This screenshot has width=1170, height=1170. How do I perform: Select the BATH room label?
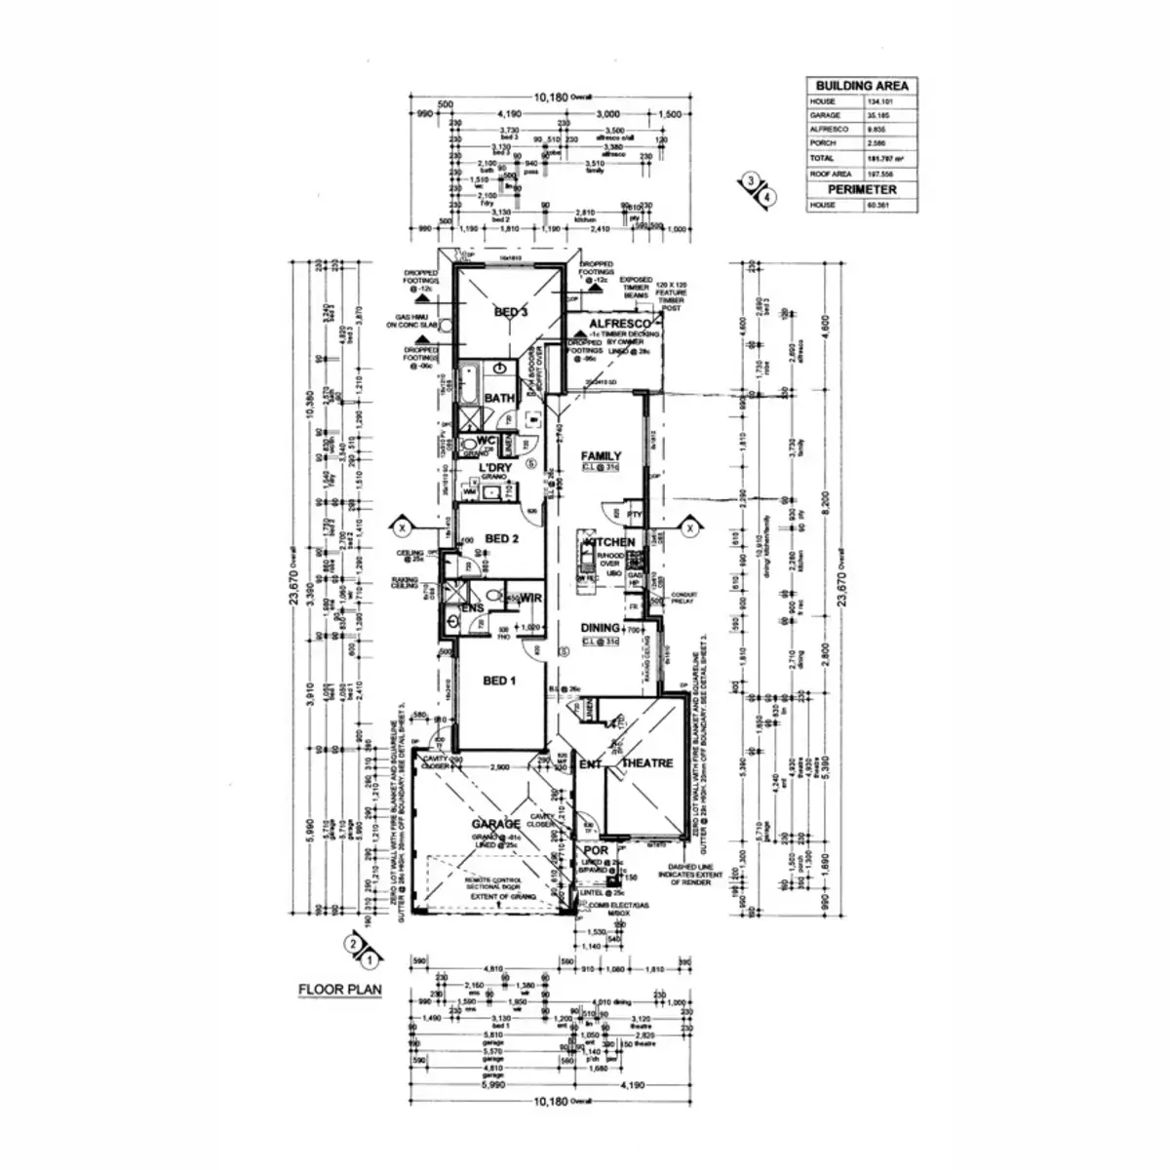[499, 399]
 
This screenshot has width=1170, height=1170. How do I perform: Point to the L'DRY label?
[494, 469]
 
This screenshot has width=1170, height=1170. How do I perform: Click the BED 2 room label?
[501, 538]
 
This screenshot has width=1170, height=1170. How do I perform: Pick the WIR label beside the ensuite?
[531, 597]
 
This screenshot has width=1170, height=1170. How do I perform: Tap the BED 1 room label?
[499, 681]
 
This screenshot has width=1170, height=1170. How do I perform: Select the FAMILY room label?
[602, 456]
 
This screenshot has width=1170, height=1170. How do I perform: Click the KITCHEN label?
[609, 542]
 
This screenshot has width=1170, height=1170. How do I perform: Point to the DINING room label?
[602, 629]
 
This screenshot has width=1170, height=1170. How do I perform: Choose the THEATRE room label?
[646, 763]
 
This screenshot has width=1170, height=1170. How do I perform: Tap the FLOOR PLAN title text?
[339, 989]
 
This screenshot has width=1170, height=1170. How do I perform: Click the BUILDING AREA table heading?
[862, 86]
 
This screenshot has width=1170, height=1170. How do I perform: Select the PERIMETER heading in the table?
[862, 189]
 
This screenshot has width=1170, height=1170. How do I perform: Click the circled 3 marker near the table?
[750, 180]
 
